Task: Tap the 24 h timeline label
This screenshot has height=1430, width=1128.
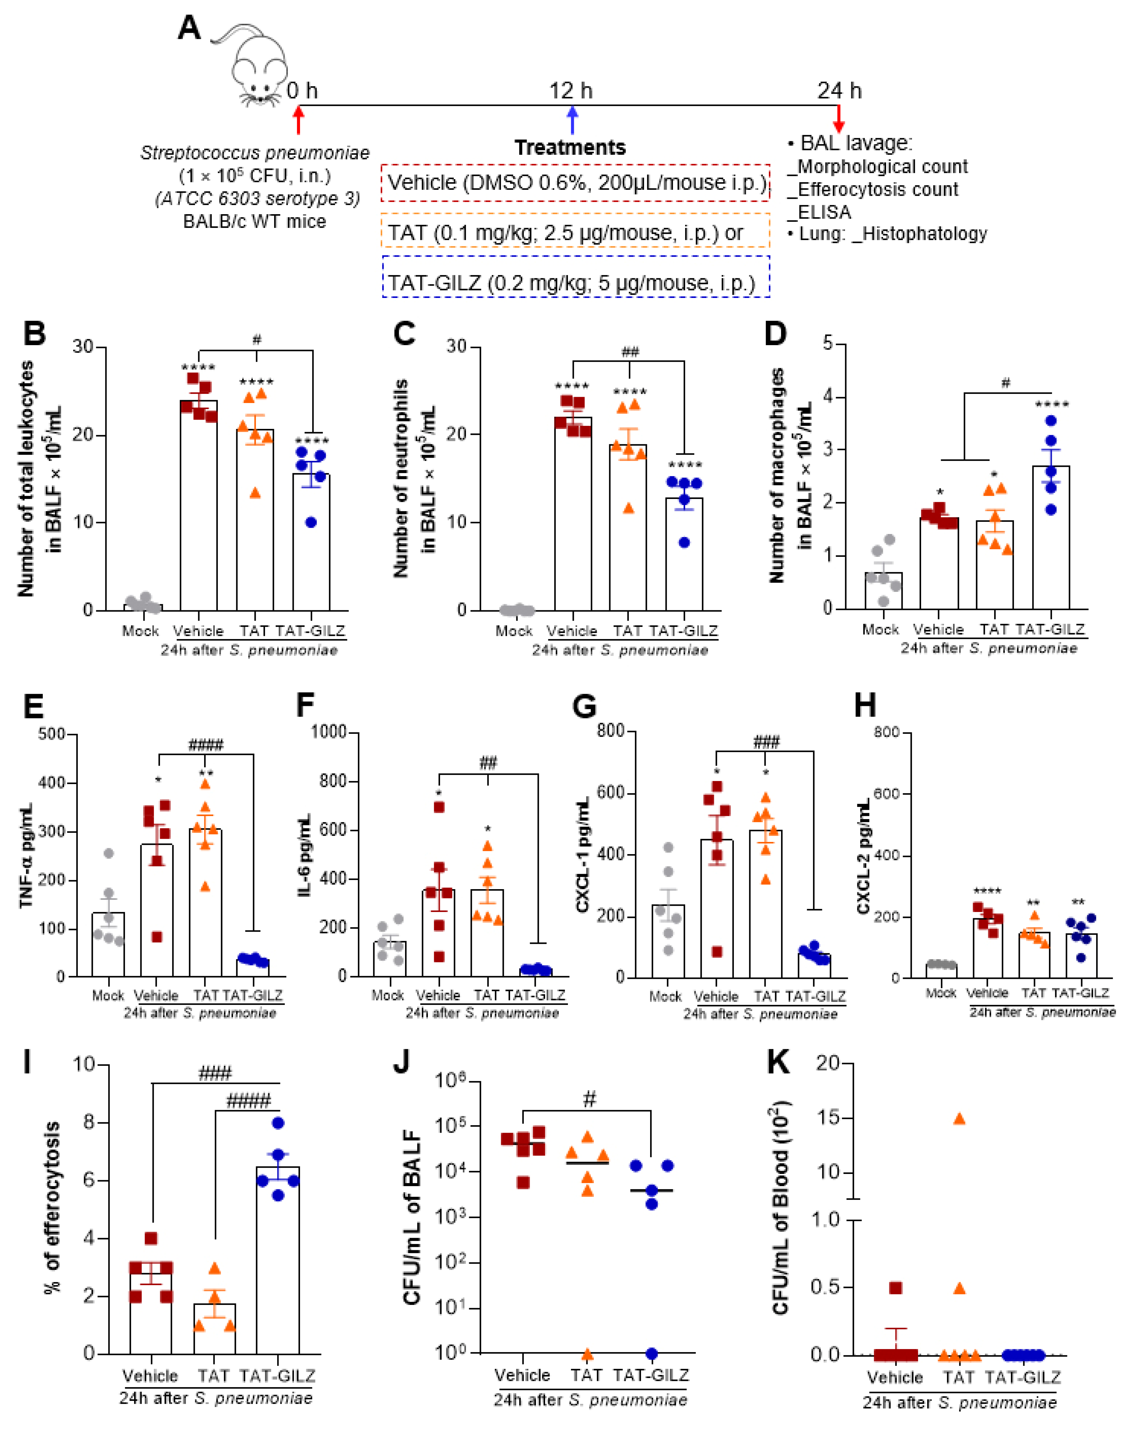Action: pos(839,90)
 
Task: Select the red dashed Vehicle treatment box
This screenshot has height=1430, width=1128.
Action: pos(575,183)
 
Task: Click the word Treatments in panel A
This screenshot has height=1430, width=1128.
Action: pos(570,147)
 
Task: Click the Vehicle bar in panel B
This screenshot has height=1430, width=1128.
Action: pos(199,509)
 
